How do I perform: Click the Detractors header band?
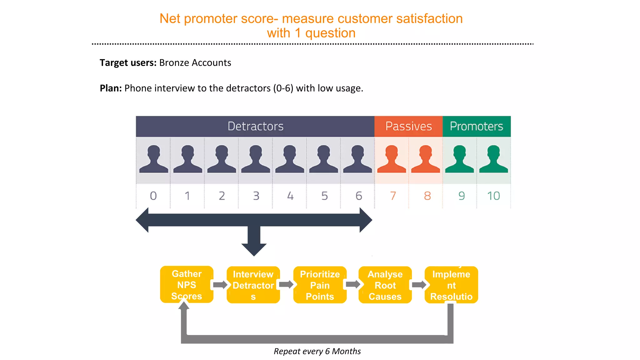255,126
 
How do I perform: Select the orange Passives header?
408,126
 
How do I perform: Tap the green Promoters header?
476,126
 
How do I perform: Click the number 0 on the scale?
153,196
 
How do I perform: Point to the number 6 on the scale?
358,196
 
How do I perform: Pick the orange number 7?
393,196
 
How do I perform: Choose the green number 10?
493,196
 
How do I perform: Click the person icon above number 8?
425,159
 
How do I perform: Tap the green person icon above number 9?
459,159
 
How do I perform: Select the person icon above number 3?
255,159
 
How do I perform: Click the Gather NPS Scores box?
187,285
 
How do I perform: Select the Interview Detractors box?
253,285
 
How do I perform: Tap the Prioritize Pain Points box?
320,285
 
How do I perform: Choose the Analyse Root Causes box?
385,285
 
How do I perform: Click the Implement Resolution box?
451,285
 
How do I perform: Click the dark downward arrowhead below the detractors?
254,249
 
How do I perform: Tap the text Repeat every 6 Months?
317,351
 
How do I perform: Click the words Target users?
128,63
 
